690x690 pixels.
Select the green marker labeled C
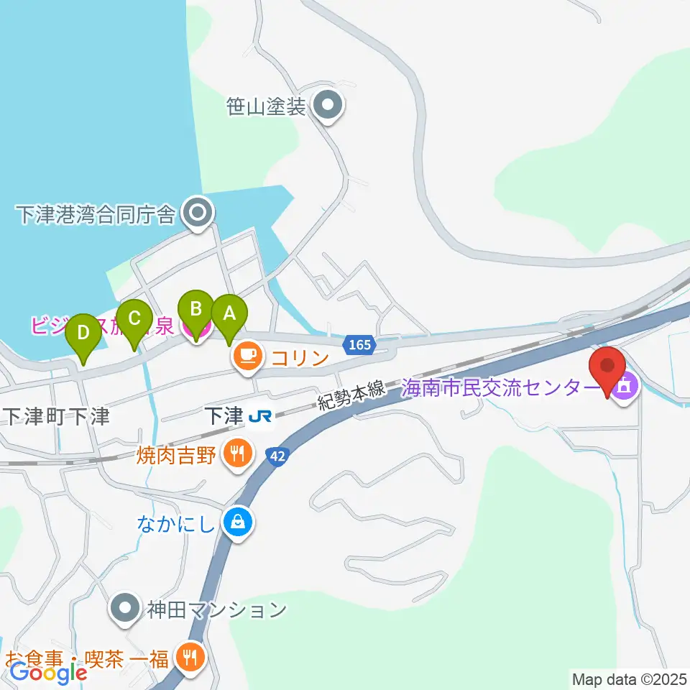coord(134,317)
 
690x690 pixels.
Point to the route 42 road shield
coord(277,455)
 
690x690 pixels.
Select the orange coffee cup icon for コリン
coord(248,355)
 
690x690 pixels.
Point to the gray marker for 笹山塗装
coord(329,107)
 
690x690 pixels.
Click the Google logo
coord(49,673)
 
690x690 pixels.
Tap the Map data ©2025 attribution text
coord(630,678)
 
